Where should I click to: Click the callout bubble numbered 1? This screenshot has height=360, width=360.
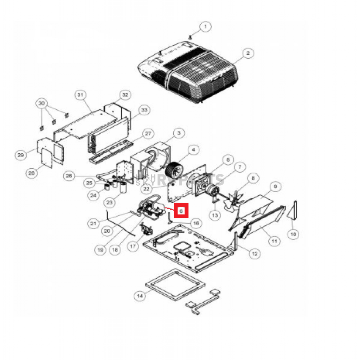click(x=206, y=26)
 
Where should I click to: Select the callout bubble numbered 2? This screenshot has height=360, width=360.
click(x=248, y=53)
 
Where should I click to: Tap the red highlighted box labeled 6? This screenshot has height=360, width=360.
click(x=181, y=210)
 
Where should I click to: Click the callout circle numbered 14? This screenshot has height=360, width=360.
click(x=140, y=296)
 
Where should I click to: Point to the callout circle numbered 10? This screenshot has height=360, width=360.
click(x=294, y=233)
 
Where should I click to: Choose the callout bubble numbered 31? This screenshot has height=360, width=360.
click(x=81, y=95)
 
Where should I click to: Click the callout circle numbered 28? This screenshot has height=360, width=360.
click(x=31, y=173)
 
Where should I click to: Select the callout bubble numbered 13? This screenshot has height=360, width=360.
click(x=215, y=214)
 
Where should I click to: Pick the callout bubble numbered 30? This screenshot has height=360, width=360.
click(x=42, y=103)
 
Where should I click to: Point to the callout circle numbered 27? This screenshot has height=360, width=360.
click(x=149, y=134)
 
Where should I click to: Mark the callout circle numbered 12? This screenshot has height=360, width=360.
click(x=254, y=253)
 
